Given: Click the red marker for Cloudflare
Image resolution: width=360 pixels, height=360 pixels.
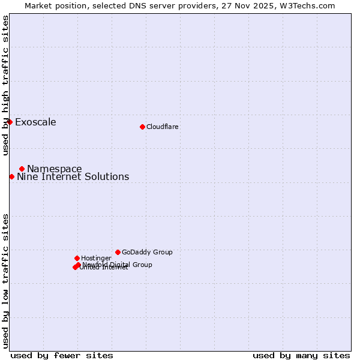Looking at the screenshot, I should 142,127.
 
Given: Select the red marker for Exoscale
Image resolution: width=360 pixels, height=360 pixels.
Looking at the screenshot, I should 10,122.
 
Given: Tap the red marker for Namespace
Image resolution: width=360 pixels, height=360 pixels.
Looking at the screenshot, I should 22,169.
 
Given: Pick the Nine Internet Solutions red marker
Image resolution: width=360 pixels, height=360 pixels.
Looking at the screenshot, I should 11,176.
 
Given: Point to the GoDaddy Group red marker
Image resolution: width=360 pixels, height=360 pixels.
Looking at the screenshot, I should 118,252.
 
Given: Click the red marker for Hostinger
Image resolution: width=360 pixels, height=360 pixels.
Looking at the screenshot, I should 77,258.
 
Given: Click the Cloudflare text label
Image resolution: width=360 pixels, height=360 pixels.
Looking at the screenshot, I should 163,127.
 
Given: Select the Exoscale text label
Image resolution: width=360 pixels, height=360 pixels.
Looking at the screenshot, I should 35,122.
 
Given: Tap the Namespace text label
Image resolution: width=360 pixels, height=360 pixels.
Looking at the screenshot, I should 55,169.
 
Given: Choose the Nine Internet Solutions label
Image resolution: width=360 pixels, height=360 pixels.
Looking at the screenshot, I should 73,176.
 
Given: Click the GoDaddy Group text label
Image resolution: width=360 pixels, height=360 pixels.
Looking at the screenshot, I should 147,252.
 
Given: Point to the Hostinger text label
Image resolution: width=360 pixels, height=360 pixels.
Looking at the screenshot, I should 96,258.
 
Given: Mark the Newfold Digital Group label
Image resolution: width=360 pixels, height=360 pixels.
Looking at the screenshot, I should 118,264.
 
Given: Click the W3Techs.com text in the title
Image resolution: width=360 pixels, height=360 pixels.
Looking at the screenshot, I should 306,5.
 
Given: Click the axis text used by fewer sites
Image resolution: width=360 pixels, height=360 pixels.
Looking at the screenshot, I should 62,355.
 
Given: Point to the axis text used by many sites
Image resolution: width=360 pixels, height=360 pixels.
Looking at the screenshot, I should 301,355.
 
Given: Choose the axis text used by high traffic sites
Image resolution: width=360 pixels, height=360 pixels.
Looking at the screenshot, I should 5,85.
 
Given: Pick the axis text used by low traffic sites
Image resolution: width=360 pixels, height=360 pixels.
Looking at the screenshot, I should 5,280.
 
